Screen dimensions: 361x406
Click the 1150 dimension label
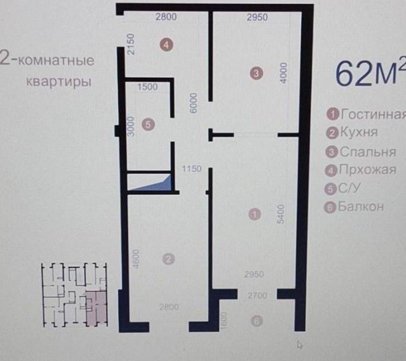[193, 169]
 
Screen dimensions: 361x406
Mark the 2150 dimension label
[132, 45]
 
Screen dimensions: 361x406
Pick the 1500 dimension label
[148, 87]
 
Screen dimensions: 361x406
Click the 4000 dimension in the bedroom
[284, 73]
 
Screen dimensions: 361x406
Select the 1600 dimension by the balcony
[224, 321]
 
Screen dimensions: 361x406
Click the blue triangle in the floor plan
[157, 184]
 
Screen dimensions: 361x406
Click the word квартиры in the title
[59, 80]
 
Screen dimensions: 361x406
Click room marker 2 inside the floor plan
[169, 259]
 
